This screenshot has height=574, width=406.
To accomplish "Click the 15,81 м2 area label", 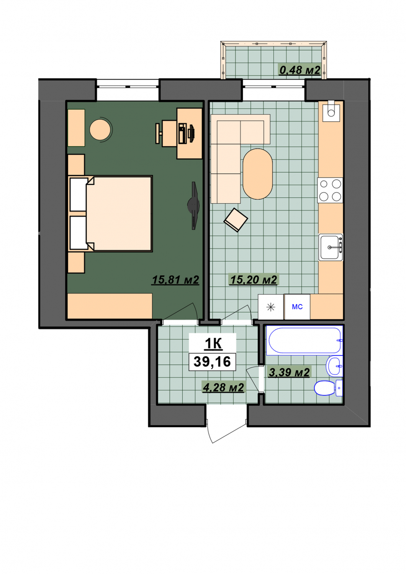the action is pyautogui.click(x=175, y=280).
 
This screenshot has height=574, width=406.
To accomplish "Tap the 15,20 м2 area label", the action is pyautogui.click(x=254, y=280).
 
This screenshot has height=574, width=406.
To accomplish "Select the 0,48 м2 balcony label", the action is pyautogui.click(x=300, y=70).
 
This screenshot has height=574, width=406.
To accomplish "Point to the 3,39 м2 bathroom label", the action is pyautogui.click(x=289, y=372).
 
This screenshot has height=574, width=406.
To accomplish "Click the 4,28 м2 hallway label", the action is pyautogui.click(x=223, y=387).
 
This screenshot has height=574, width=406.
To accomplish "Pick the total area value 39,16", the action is pyautogui.click(x=212, y=362).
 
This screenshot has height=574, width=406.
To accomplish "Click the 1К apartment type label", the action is pyautogui.click(x=213, y=344).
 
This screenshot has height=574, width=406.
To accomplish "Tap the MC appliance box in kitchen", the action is pyautogui.click(x=297, y=307).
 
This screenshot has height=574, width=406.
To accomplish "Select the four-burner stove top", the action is pyautogui.click(x=330, y=191).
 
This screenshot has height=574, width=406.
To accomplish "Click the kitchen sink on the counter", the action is pyautogui.click(x=331, y=247).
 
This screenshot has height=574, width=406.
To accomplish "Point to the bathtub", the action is pyautogui.click(x=304, y=341).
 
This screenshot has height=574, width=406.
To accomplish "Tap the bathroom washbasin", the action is pyautogui.click(x=334, y=366).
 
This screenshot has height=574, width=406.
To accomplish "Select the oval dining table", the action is pyautogui.click(x=257, y=174).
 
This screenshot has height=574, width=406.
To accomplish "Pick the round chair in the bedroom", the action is pyautogui.click(x=101, y=129).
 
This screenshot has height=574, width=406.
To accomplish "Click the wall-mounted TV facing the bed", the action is pyautogui.click(x=194, y=205).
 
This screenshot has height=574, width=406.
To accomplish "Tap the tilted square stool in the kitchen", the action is pyautogui.click(x=236, y=220).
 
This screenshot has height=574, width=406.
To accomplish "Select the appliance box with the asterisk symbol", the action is pyautogui.click(x=270, y=307).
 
